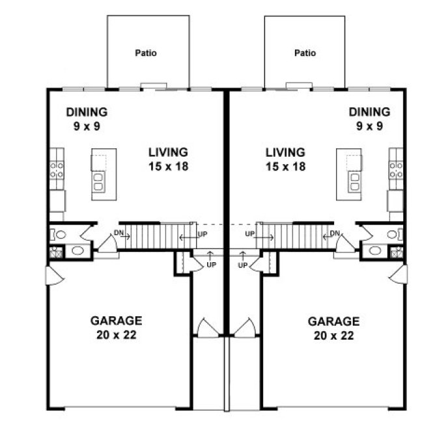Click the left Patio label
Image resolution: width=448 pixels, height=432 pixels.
click(x=147, y=53)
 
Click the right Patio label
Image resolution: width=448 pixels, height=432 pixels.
click(x=305, y=53)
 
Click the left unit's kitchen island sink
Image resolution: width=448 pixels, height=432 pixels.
click(x=99, y=181)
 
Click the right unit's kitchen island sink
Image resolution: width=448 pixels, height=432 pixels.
click(x=355, y=181)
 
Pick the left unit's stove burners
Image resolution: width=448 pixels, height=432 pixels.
click(x=57, y=170)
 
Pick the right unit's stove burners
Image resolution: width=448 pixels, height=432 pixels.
click(x=396, y=170)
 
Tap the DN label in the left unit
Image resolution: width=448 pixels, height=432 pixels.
click(x=118, y=233)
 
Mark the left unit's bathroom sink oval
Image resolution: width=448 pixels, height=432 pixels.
click(x=77, y=251)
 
